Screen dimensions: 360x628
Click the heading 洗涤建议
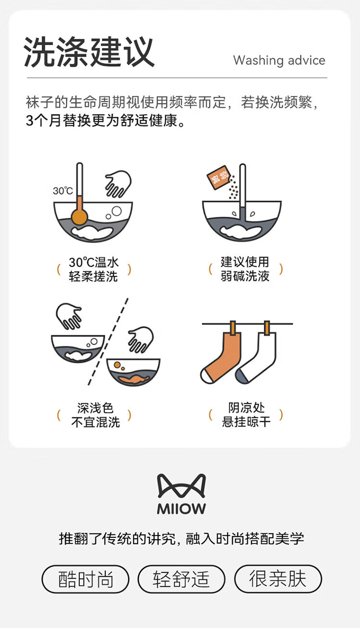pyautogui.click(x=89, y=52)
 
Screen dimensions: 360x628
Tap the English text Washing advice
pyautogui.click(x=279, y=60)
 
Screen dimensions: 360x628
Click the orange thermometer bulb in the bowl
pyautogui.click(x=79, y=216)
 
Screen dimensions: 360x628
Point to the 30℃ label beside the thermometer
pyautogui.click(x=62, y=191)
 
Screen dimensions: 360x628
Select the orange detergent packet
pyautogui.click(x=218, y=178)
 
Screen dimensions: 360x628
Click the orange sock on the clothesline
pyautogui.click(x=222, y=357)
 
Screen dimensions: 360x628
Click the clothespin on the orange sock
pyautogui.click(x=233, y=328)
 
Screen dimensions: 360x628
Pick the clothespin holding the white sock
pyautogui.click(x=267, y=328)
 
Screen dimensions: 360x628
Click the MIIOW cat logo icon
pyautogui.click(x=181, y=486)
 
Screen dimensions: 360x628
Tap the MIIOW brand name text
pyautogui.click(x=181, y=509)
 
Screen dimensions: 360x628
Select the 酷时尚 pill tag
pyautogui.click(x=85, y=579)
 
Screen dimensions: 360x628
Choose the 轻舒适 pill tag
pyautogui.click(x=181, y=579)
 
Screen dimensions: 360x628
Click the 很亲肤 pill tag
pyautogui.click(x=278, y=579)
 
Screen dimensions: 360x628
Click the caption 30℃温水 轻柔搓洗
pyautogui.click(x=94, y=270)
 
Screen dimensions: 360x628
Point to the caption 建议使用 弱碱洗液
pyautogui.click(x=245, y=269)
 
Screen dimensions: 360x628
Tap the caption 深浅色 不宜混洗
pyautogui.click(x=96, y=415)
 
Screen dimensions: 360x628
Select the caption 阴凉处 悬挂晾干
pyautogui.click(x=246, y=415)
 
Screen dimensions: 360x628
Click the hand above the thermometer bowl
pyautogui.click(x=119, y=184)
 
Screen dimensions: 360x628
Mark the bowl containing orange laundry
pyautogui.click(x=133, y=372)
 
